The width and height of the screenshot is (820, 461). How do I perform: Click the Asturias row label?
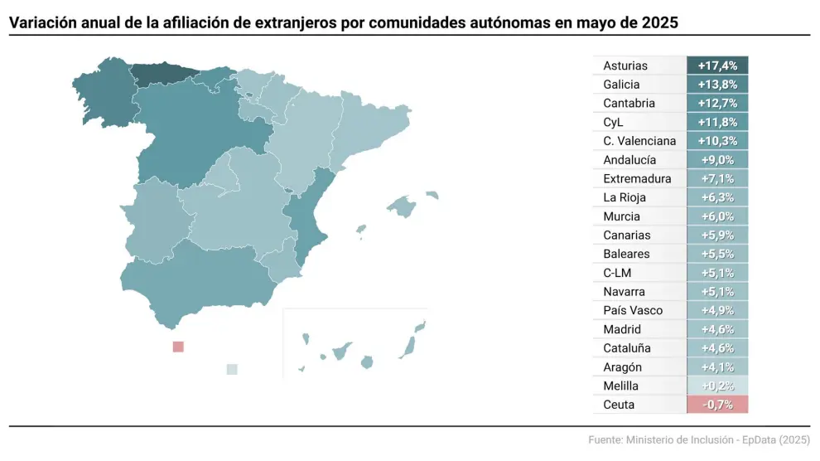[625, 66]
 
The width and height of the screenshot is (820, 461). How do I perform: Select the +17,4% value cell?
[717, 66]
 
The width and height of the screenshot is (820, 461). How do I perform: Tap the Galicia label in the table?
[621, 85]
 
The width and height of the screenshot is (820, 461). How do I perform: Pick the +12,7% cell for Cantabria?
[717, 104]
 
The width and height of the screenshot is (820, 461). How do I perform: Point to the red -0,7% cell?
[717, 405]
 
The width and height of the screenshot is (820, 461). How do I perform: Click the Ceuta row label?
[619, 405]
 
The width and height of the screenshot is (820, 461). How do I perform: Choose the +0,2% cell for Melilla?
[717, 386]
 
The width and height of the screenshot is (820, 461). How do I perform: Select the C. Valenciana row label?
[639, 141]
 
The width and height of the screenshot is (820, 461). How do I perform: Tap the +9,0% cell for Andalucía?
[717, 160]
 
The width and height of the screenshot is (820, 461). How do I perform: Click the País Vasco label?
[633, 310]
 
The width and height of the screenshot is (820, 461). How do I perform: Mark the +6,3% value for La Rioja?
[717, 197]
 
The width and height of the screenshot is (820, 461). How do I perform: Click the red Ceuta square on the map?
[177, 347]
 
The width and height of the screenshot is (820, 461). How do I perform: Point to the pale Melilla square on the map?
[232, 369]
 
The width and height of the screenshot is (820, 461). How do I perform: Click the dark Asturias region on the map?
[161, 74]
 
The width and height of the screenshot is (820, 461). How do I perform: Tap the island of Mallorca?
[401, 206]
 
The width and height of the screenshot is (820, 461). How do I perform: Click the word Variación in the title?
[42, 23]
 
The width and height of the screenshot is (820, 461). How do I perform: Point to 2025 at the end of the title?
[660, 23]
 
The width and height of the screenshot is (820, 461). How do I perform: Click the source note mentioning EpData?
[699, 439]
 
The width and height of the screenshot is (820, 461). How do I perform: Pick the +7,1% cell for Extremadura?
[717, 179]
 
